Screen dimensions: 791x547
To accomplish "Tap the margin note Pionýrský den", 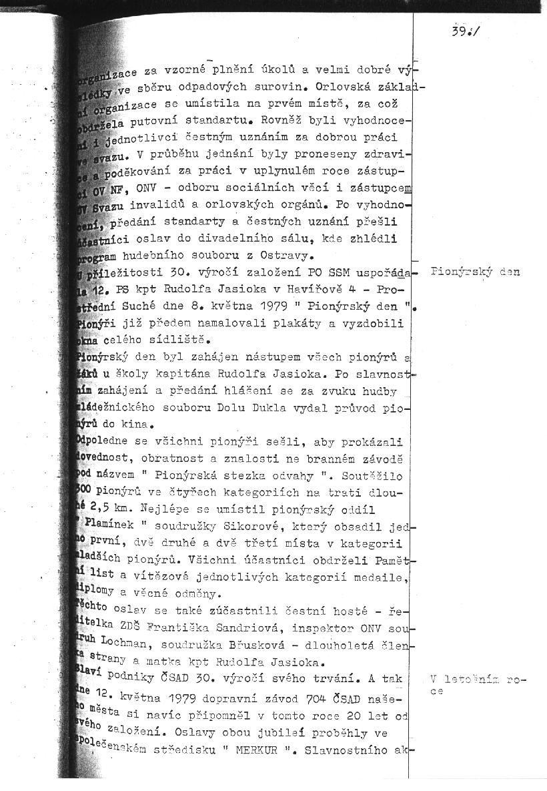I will coord(476,272).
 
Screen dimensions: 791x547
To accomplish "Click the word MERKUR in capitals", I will coord(261,750).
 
